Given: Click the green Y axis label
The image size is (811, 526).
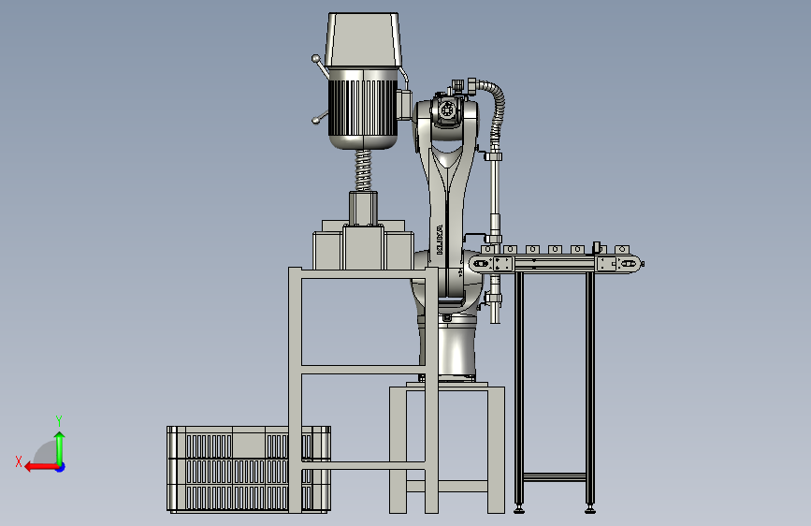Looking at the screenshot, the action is (59, 420).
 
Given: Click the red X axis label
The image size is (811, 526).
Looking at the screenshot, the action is (19, 461).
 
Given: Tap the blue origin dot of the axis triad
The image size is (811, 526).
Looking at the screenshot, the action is (61, 467).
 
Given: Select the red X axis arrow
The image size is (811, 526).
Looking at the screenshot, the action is (41, 467).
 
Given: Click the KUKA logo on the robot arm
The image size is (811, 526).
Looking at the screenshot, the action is (439, 240).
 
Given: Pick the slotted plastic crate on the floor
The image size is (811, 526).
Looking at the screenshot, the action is (249, 470).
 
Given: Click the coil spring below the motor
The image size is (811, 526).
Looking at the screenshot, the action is (364, 170).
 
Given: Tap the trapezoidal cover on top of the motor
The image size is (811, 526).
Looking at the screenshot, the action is (364, 40).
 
